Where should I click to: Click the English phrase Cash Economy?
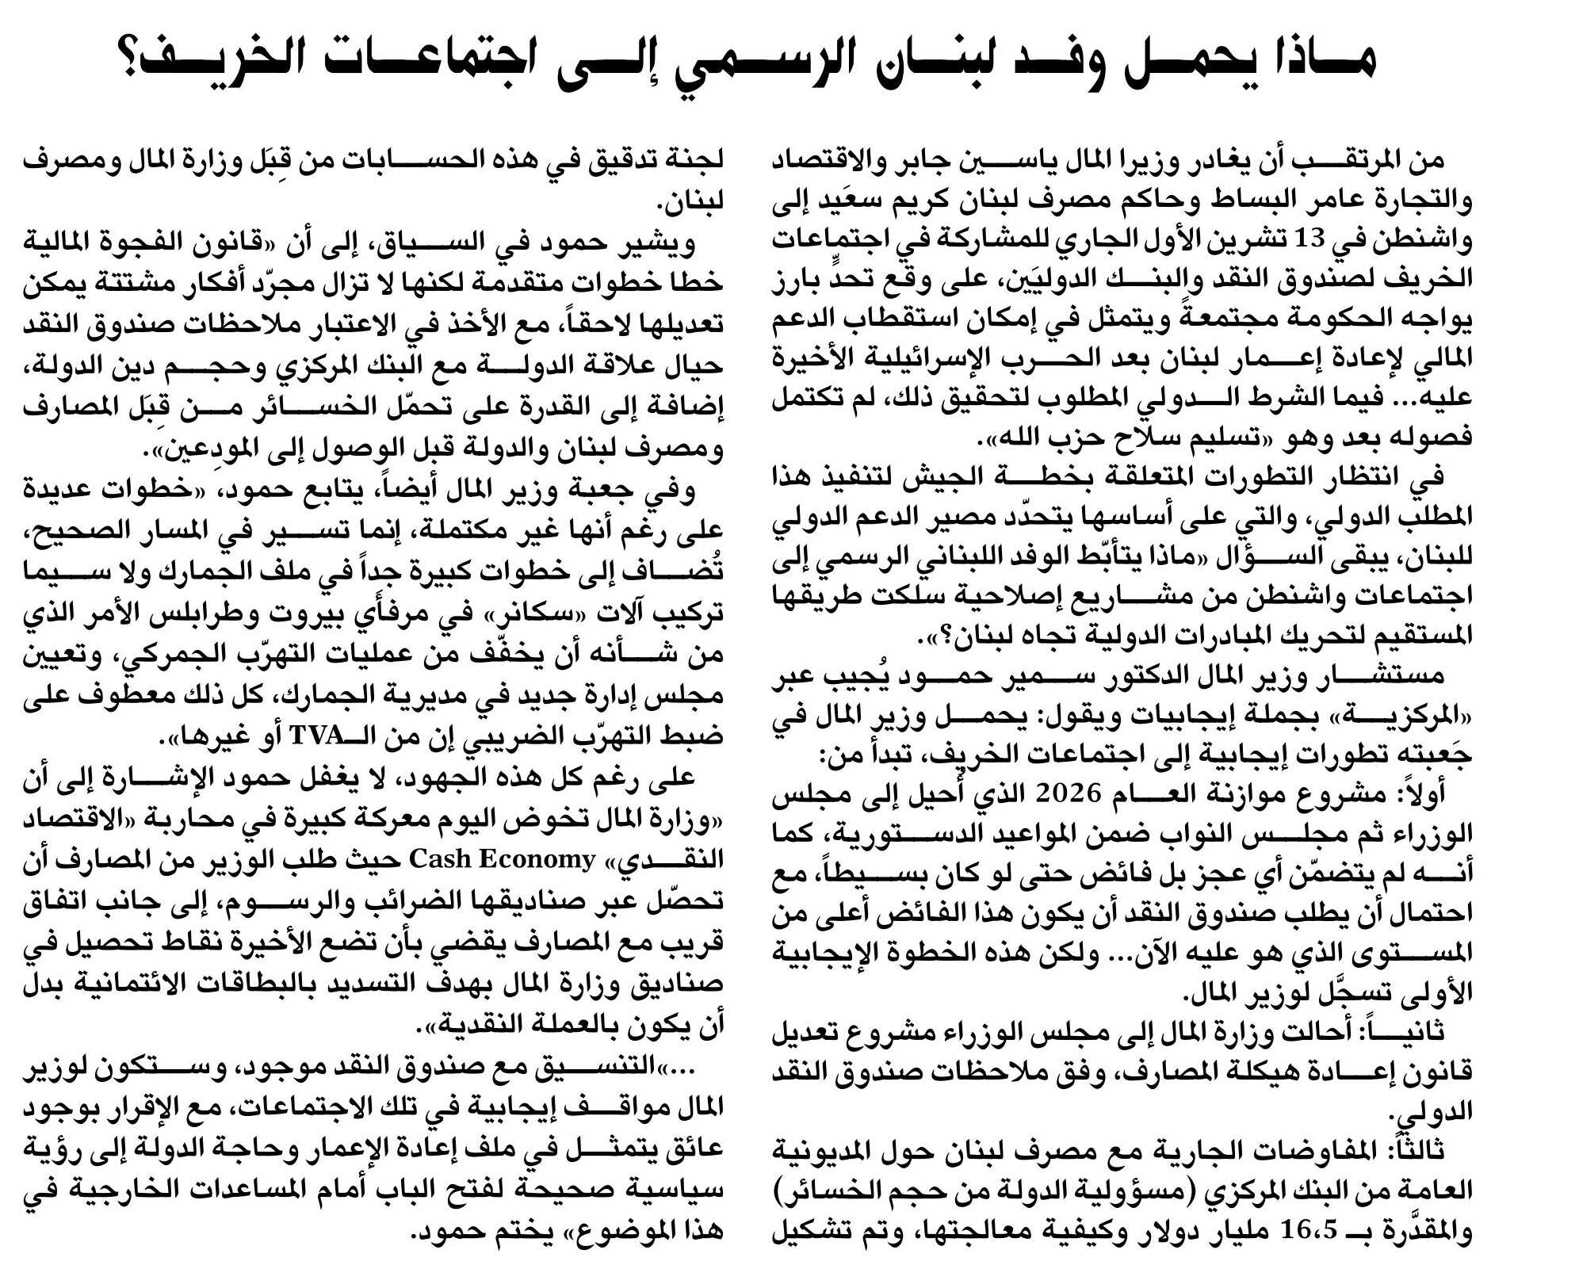point(502,859)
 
